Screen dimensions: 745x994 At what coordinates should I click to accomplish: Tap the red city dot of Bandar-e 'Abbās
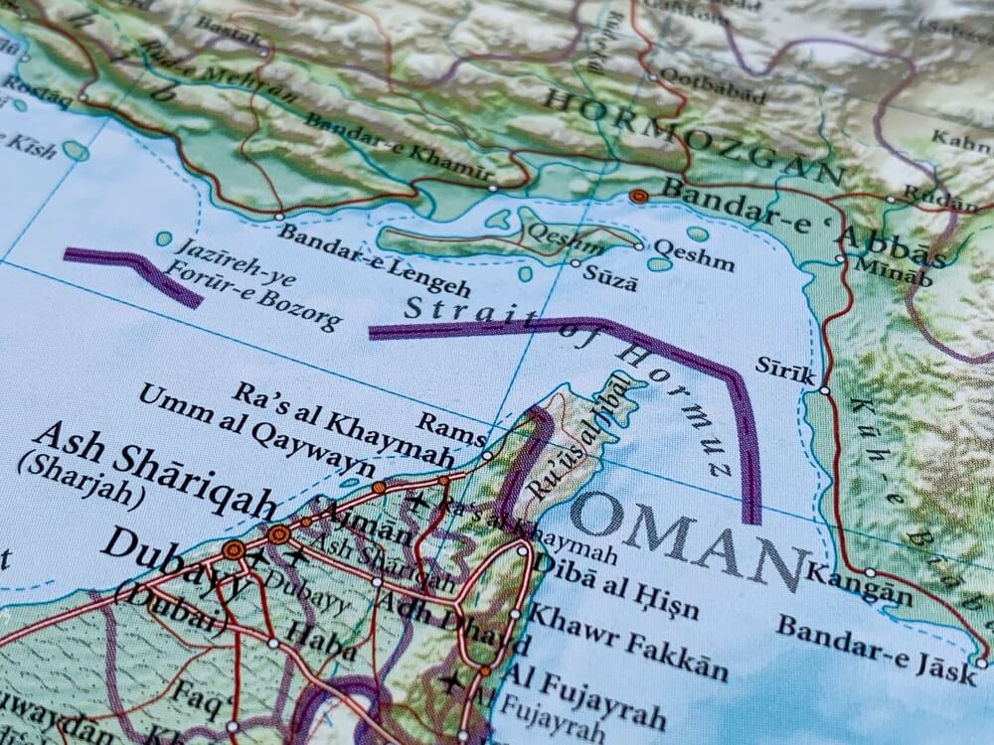(x=640, y=197)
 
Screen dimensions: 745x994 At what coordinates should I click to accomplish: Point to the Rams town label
(x=451, y=424)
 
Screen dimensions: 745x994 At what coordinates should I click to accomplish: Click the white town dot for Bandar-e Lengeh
(x=278, y=216)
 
